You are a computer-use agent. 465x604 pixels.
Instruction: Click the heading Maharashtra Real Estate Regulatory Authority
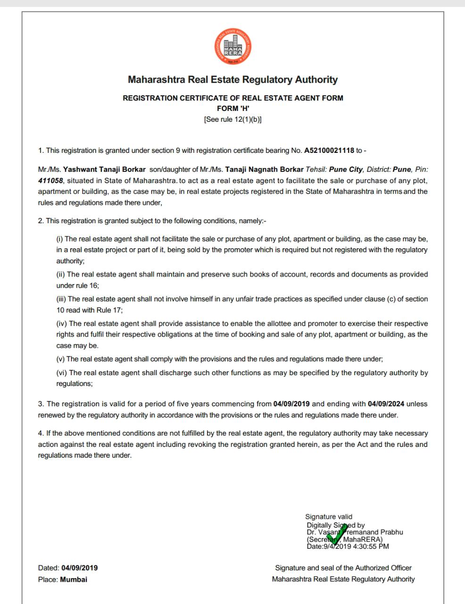tap(232, 80)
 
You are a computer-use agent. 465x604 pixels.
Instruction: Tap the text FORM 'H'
tap(232, 109)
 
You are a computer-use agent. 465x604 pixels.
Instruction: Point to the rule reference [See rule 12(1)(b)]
tap(232, 119)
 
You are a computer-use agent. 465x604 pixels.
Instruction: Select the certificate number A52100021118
tap(329, 151)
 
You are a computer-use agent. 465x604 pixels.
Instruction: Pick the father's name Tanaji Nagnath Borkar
tap(264, 169)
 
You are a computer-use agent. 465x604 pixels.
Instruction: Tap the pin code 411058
tap(50, 180)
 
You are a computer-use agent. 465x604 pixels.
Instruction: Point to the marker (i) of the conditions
tap(60, 239)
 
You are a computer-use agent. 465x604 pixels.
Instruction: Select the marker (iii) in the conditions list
tap(61, 299)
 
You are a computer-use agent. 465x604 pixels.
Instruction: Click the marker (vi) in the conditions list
tap(61, 373)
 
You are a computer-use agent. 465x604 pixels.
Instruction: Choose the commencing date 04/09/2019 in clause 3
tap(291, 404)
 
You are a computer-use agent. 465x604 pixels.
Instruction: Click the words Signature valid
tap(329, 517)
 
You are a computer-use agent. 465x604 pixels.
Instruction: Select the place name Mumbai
tap(74, 579)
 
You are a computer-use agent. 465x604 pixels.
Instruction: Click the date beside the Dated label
tap(80, 568)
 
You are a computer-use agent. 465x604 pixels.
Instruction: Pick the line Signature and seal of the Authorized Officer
tap(343, 568)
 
